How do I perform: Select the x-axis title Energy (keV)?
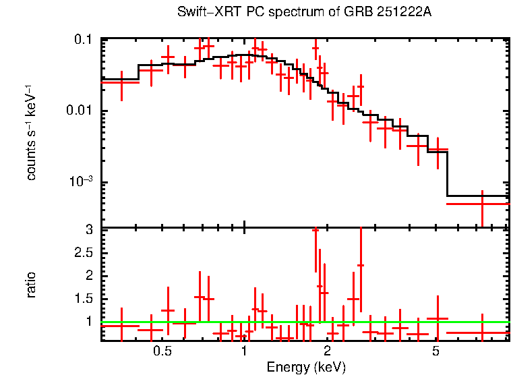[x=306, y=367]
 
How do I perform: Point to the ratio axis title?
[x=31, y=285]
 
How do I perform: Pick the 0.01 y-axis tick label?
[x=80, y=111]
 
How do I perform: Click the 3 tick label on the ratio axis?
[x=88, y=230]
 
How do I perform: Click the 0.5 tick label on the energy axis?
[x=162, y=352]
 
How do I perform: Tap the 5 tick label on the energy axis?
[x=435, y=352]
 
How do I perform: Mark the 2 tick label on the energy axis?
[x=327, y=352]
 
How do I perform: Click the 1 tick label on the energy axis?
[x=243, y=352]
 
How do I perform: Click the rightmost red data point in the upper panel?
[x=483, y=203]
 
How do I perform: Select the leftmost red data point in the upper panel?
[x=121, y=82]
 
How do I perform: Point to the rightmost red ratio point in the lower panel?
[x=483, y=333]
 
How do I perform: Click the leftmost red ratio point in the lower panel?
[x=121, y=326]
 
